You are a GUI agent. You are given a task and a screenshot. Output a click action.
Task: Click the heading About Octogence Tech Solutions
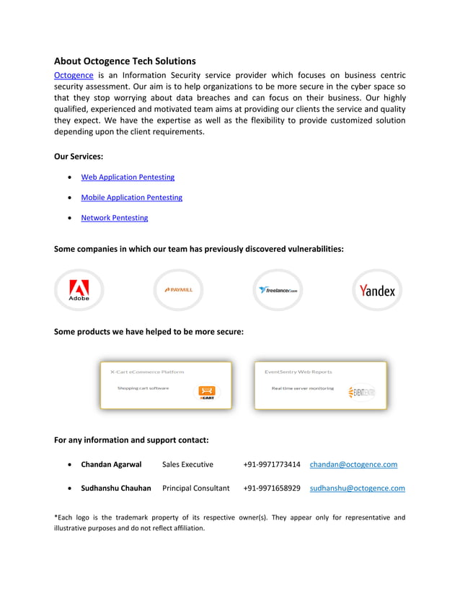(x=125, y=61)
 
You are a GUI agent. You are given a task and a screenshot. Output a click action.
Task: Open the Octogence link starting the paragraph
(x=74, y=75)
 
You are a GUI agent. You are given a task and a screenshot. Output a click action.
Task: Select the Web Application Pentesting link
(x=128, y=177)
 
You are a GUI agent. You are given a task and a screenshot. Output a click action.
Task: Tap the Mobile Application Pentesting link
(x=131, y=197)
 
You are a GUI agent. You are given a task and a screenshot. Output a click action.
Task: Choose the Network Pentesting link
(x=114, y=217)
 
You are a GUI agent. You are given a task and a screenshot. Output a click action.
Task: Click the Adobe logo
(x=79, y=290)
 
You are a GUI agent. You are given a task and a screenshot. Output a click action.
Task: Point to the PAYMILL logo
(x=179, y=289)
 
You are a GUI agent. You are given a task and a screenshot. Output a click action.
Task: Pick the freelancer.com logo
(x=278, y=290)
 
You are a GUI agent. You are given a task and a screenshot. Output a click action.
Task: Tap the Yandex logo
(x=377, y=290)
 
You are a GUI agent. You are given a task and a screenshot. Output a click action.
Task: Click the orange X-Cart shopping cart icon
(x=207, y=392)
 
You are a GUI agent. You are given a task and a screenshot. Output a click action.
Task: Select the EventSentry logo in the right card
(x=361, y=392)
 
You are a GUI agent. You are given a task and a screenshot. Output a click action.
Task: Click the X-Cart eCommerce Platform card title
(x=147, y=372)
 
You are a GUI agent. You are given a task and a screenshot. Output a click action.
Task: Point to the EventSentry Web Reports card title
(x=298, y=372)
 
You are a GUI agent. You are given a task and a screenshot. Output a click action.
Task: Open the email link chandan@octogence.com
(x=353, y=465)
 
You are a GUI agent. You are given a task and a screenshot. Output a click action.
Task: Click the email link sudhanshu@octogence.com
(x=357, y=488)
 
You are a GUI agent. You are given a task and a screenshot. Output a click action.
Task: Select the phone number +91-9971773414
(x=272, y=465)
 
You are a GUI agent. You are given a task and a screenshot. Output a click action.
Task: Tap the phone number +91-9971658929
(x=272, y=488)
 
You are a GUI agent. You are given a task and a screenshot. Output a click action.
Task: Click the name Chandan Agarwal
(x=111, y=465)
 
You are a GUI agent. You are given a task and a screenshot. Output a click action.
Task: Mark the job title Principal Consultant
(x=196, y=488)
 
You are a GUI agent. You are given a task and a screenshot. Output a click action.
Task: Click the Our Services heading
(x=79, y=156)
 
